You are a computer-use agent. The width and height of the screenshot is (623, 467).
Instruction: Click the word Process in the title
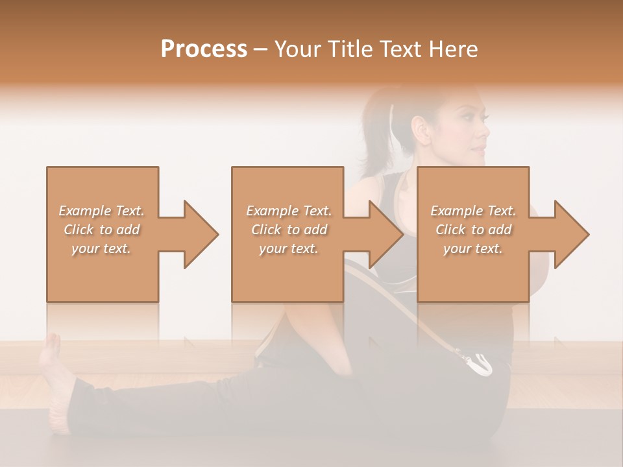point(204,49)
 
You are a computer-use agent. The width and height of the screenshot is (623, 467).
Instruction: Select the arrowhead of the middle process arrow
point(385,234)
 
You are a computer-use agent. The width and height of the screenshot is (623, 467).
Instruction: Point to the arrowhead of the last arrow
point(571,234)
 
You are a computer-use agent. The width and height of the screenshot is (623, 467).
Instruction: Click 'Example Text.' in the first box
point(101,211)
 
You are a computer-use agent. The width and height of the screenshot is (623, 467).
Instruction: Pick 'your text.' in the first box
point(101,248)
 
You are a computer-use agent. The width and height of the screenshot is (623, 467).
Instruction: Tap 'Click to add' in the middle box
point(289,230)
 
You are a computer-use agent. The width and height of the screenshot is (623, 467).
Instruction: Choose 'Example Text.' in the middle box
point(289,211)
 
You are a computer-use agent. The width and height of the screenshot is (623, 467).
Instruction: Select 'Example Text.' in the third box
point(473,211)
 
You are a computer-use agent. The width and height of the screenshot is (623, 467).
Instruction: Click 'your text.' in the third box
point(473,248)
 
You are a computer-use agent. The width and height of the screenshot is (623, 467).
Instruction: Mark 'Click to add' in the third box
point(473,230)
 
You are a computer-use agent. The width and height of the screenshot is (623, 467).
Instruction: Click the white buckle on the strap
point(479,364)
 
